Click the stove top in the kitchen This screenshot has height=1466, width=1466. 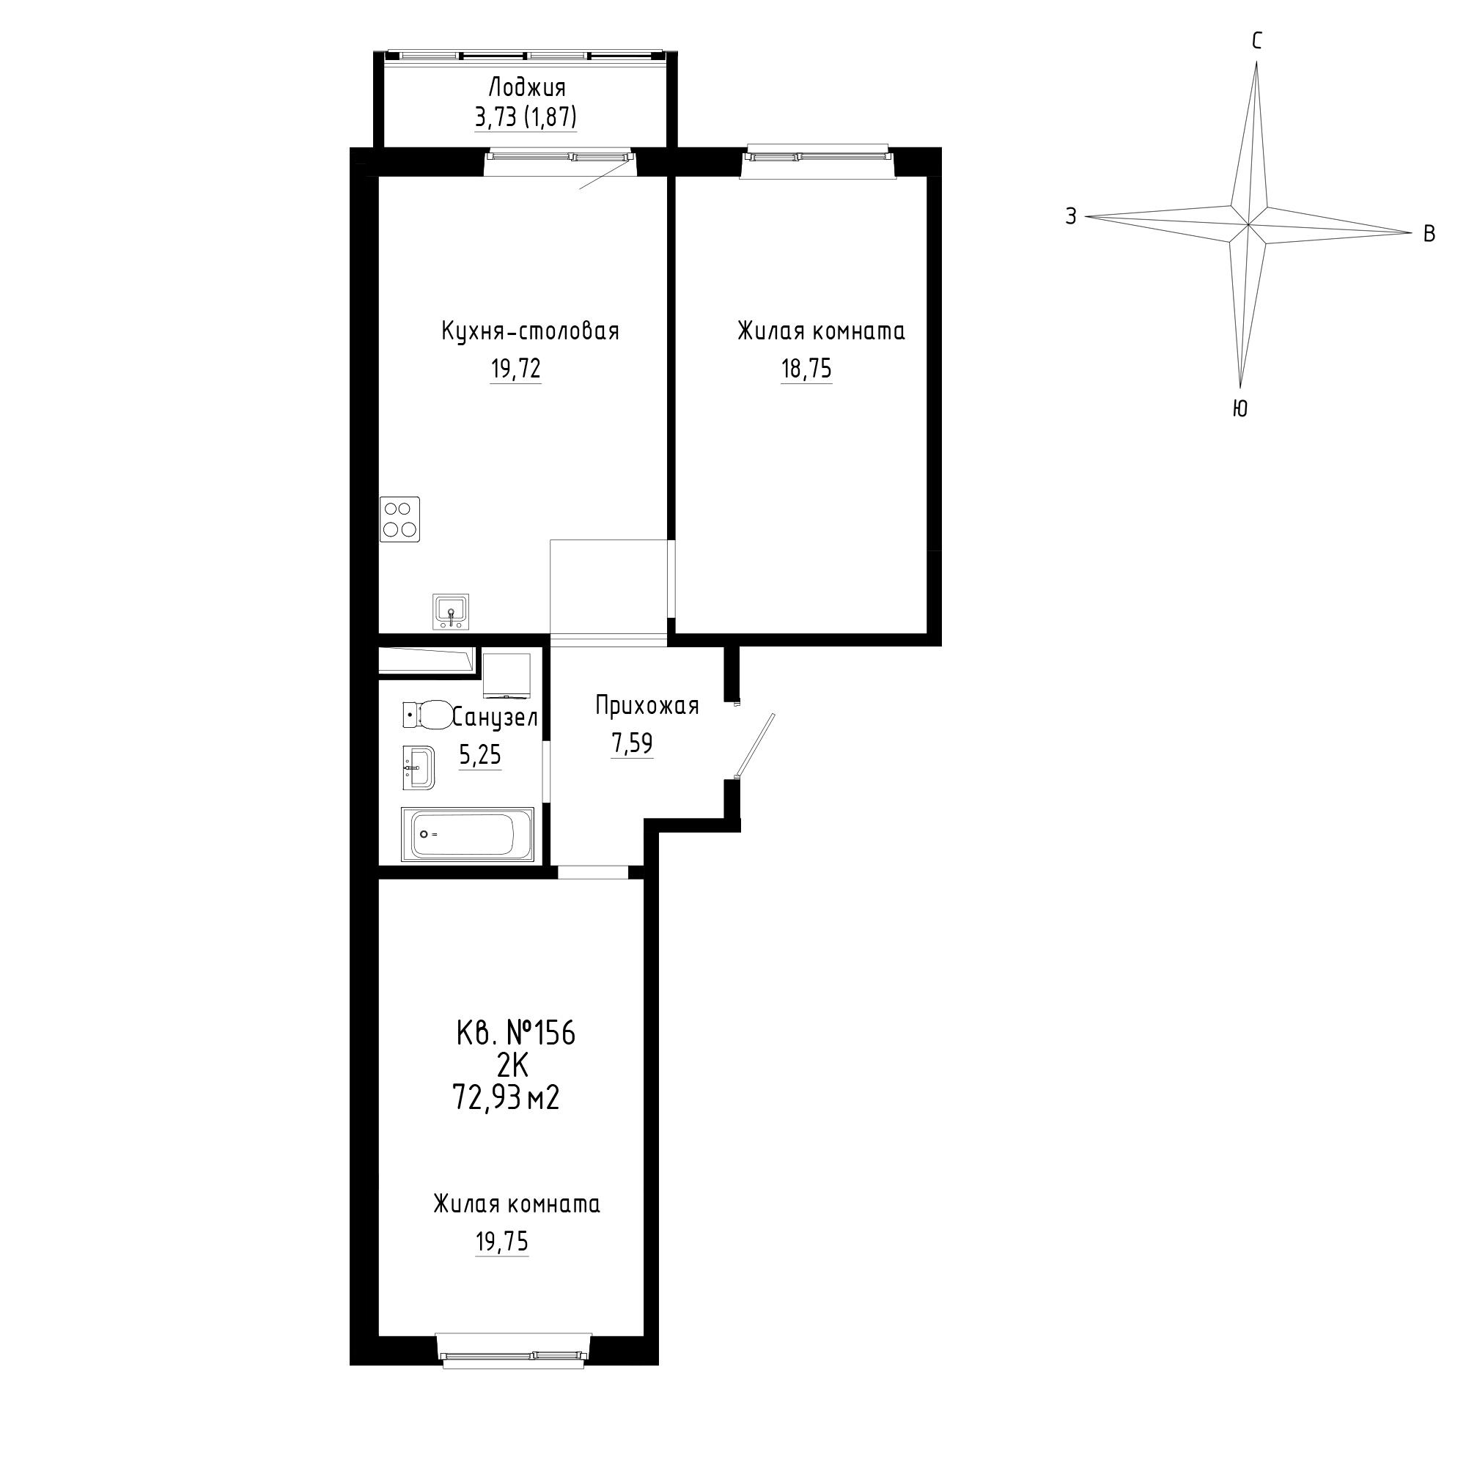click(x=401, y=520)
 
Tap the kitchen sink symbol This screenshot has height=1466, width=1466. click(x=452, y=611)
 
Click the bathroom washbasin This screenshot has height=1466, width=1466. click(x=418, y=768)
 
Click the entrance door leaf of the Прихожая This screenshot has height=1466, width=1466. click(x=755, y=745)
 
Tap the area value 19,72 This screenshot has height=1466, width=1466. click(x=516, y=369)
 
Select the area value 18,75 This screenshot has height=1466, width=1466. click(x=806, y=369)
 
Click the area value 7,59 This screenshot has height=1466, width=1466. click(x=632, y=743)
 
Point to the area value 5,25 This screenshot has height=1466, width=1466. click(x=480, y=755)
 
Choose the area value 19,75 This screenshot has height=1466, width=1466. click(x=501, y=1242)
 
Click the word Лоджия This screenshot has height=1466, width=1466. click(x=526, y=88)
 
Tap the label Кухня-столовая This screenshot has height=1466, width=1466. click(x=531, y=331)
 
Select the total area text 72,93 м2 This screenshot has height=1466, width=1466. click(x=506, y=1097)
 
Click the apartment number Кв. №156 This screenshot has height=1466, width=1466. click(x=515, y=1034)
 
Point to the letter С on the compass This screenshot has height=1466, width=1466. click(x=1256, y=41)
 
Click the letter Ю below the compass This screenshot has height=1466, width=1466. click(x=1240, y=408)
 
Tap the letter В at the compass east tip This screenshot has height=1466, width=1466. click(x=1429, y=234)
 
